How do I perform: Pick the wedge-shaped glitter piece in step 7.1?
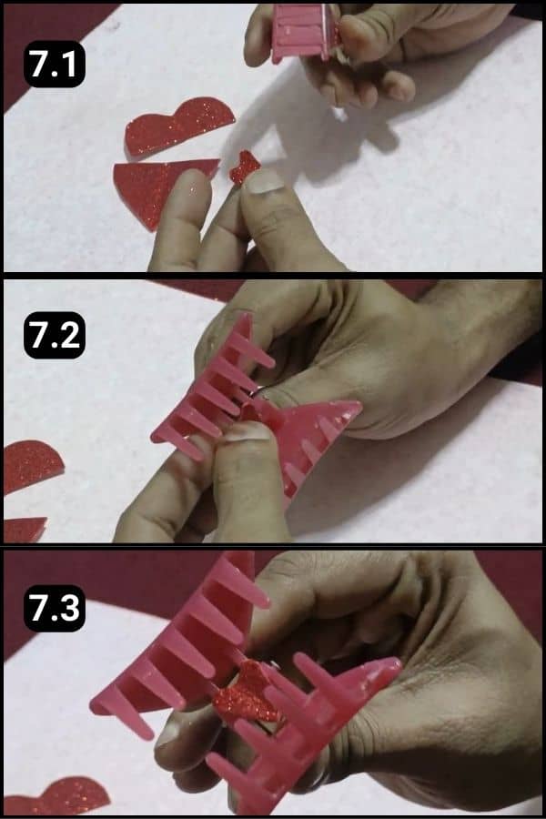[x=155, y=187]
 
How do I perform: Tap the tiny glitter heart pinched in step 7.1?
[x=243, y=167]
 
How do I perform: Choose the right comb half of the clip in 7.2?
[x=314, y=437]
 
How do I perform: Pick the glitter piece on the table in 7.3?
[x=55, y=795]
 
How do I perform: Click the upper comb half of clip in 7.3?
[x=182, y=646]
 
